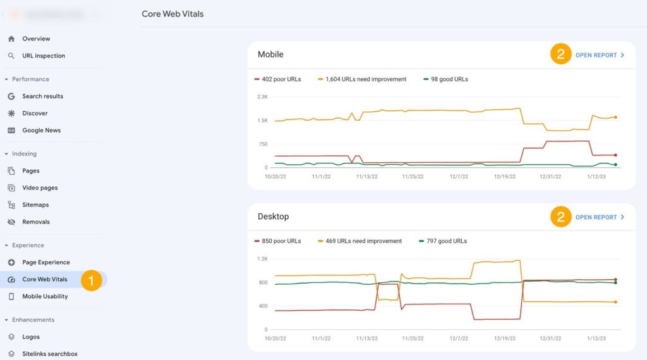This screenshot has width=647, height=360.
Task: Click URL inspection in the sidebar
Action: (x=44, y=56)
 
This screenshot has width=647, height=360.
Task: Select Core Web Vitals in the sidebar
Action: (x=44, y=279)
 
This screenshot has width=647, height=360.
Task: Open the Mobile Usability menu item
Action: (x=45, y=296)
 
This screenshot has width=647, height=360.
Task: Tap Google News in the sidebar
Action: (x=42, y=130)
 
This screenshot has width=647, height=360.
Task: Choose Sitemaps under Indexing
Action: (x=35, y=205)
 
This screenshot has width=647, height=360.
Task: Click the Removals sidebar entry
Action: (x=35, y=222)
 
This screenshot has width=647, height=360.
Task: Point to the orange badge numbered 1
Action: (x=91, y=280)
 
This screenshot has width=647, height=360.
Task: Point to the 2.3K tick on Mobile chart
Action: (x=262, y=97)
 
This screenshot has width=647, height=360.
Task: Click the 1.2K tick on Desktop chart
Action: (x=262, y=259)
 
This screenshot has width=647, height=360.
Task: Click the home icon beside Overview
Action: (x=11, y=39)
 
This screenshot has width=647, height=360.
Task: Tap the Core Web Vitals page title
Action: (x=172, y=14)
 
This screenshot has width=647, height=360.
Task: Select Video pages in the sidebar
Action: (x=40, y=188)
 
